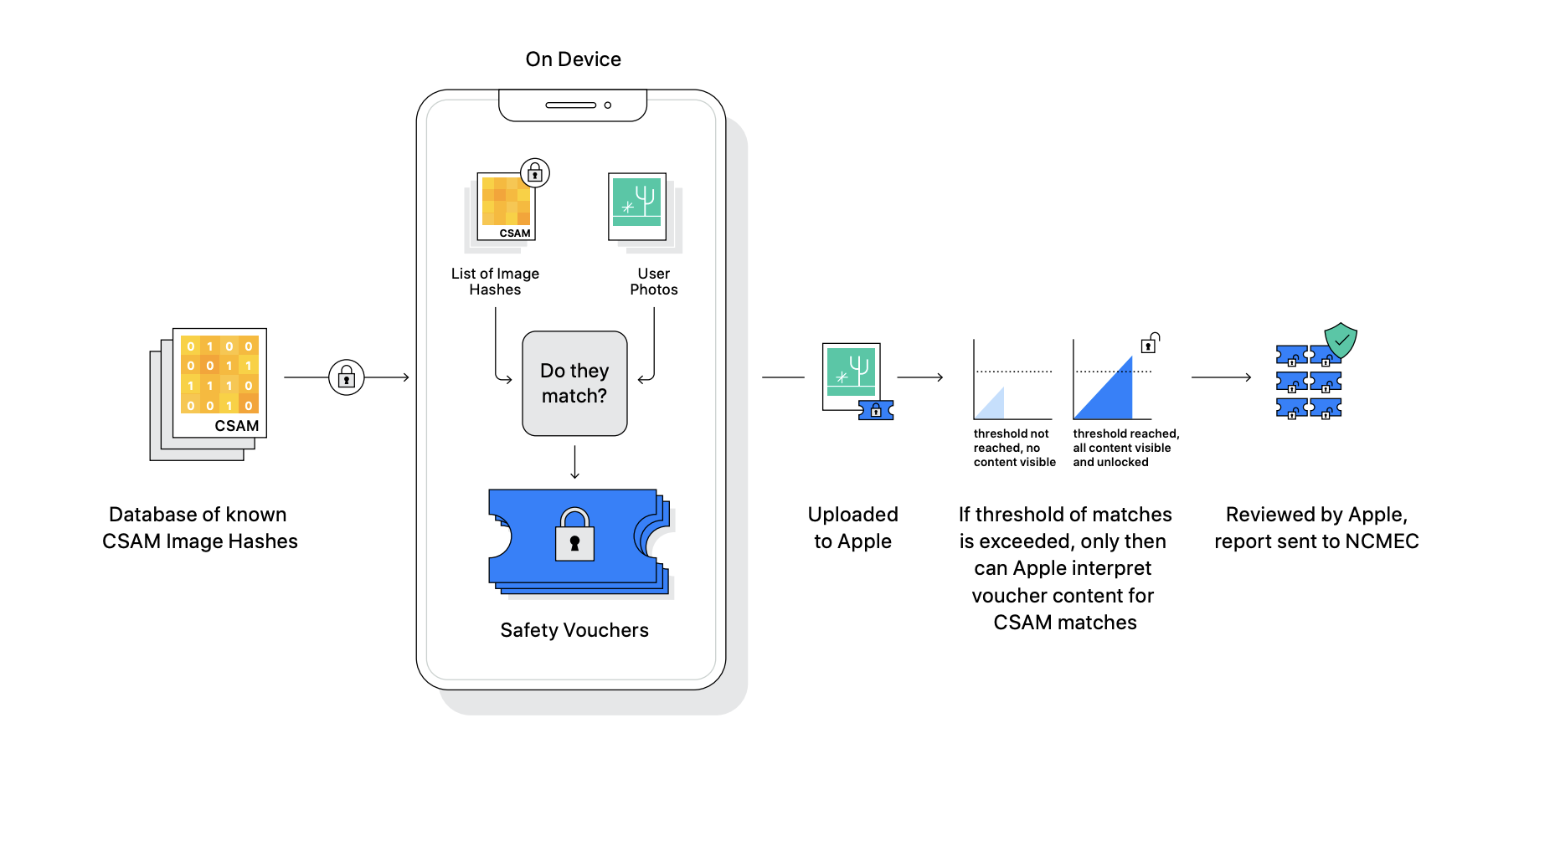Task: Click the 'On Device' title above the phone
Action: (574, 59)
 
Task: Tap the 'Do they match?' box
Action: (574, 383)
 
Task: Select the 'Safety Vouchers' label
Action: (574, 630)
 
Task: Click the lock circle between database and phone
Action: (346, 377)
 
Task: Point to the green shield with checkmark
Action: (1341, 340)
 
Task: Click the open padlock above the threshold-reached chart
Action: (1151, 343)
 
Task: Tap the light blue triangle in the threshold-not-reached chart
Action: (991, 403)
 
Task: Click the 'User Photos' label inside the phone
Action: (654, 281)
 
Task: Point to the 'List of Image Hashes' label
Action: (495, 281)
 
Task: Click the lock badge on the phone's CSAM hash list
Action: (535, 173)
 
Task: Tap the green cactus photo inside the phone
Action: (637, 207)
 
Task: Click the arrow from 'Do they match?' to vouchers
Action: (574, 463)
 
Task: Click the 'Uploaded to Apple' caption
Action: (853, 528)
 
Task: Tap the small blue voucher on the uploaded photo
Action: (876, 410)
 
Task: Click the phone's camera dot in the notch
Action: (608, 105)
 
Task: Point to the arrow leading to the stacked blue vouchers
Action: (1221, 377)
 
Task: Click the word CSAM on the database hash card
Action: (237, 426)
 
